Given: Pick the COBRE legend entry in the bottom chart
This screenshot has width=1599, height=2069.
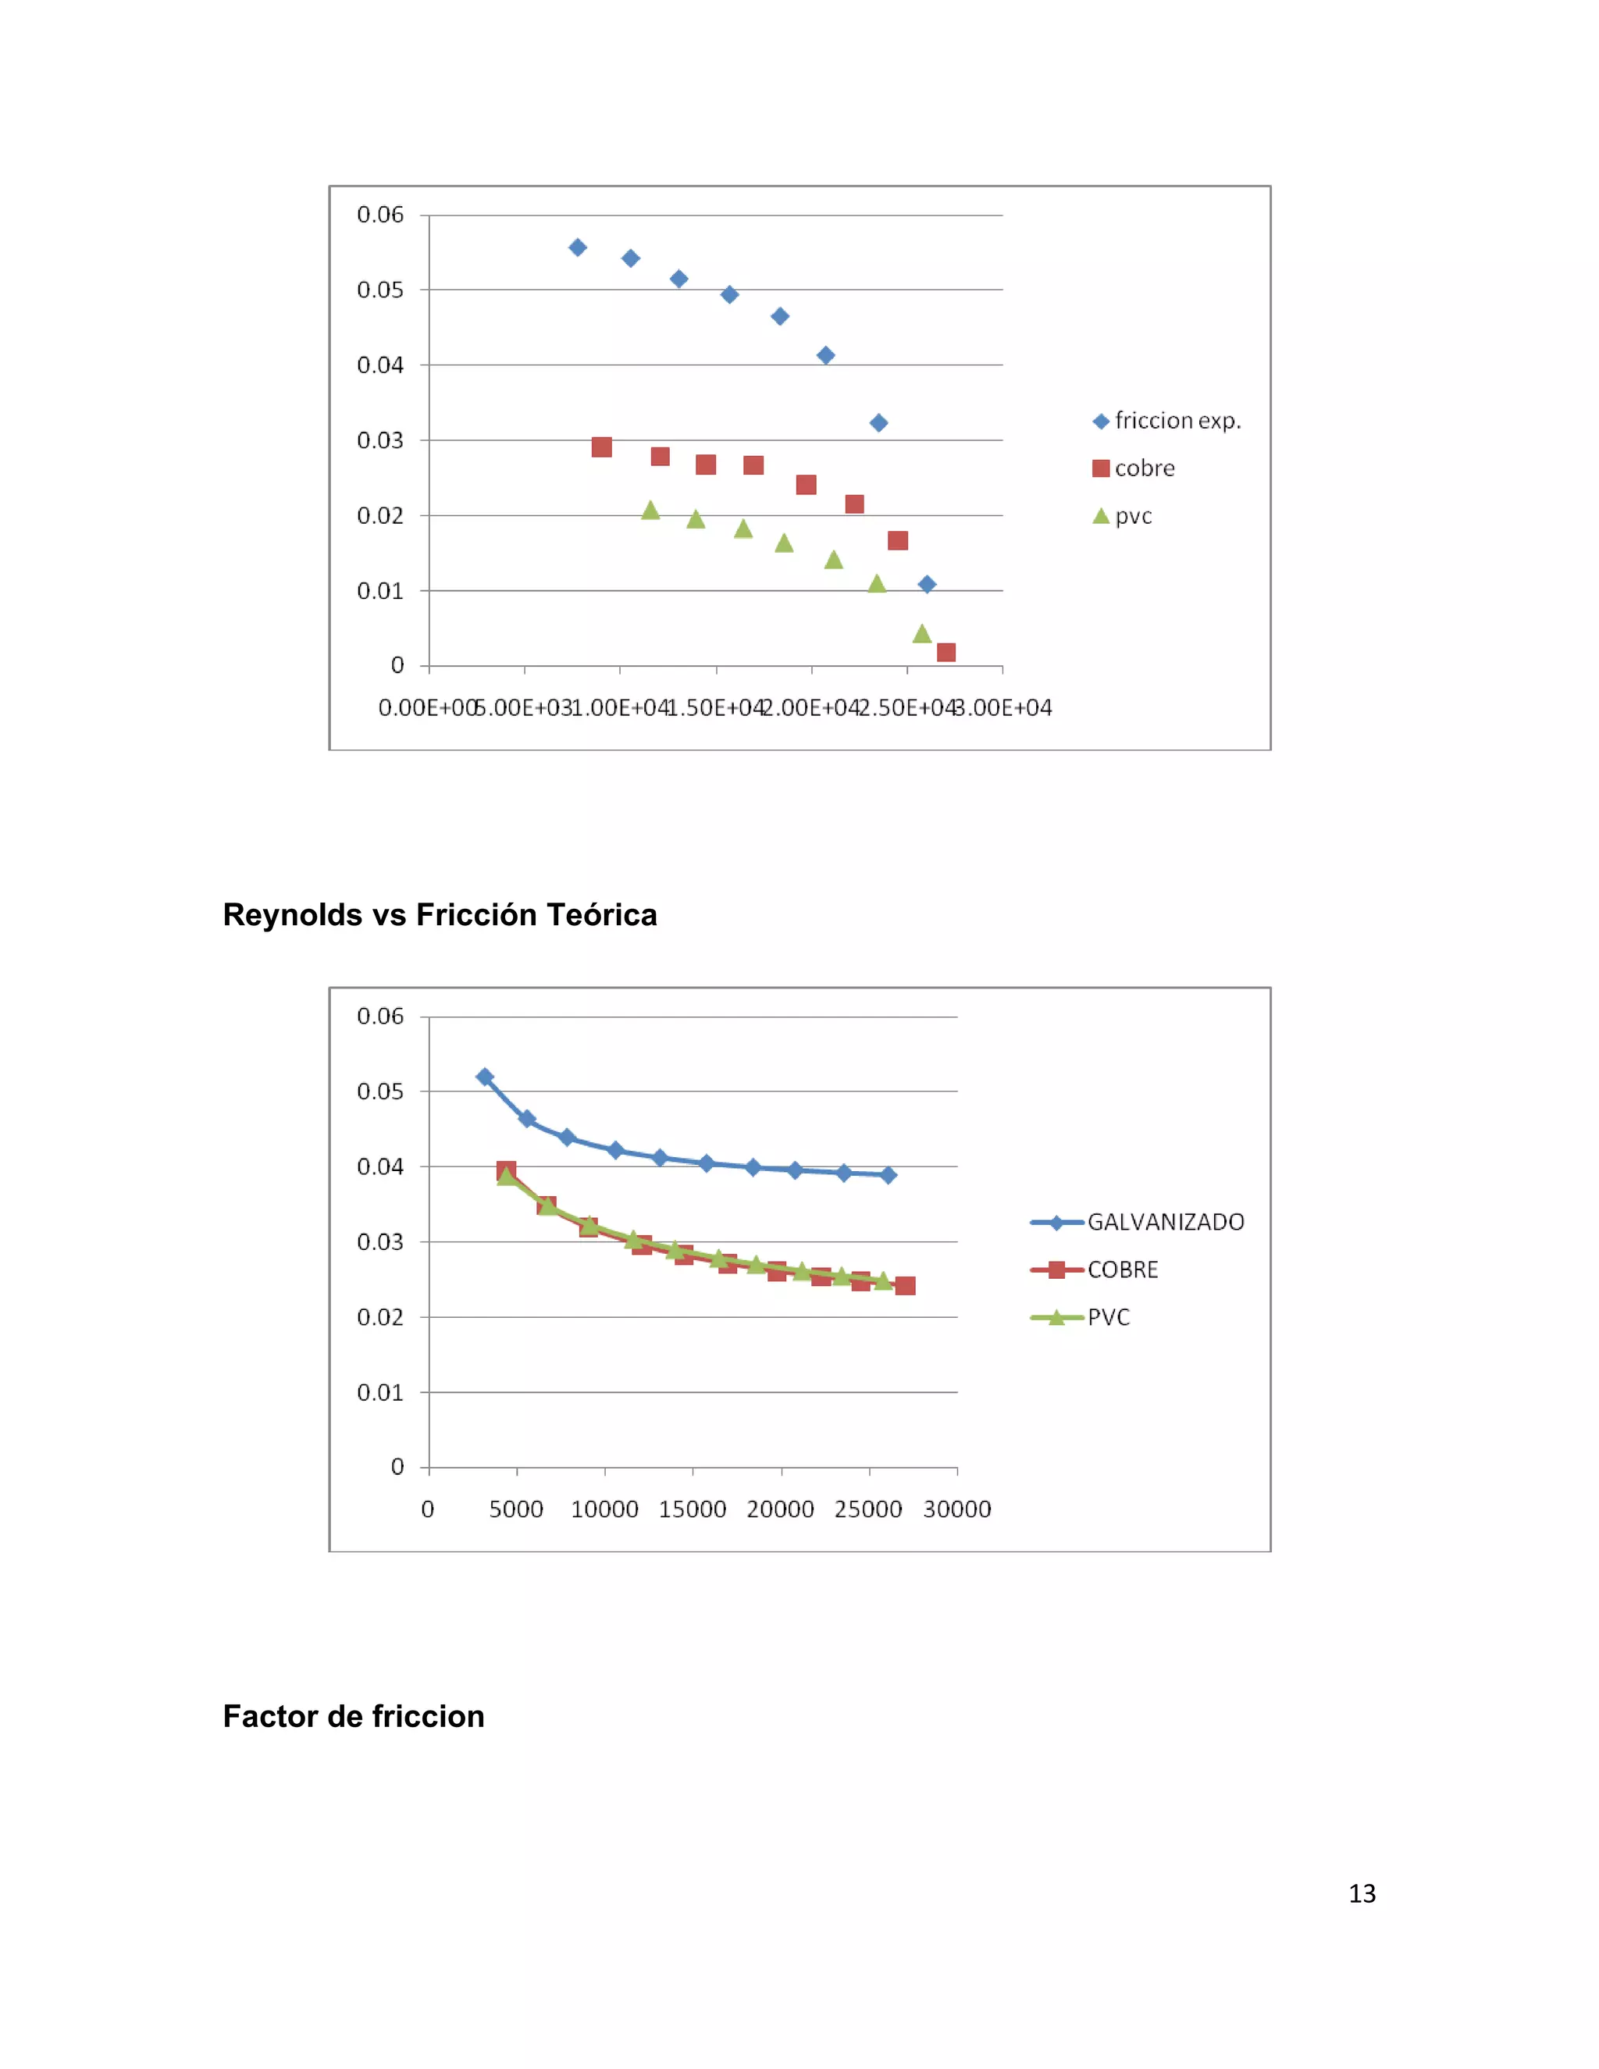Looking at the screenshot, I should pos(1122,1270).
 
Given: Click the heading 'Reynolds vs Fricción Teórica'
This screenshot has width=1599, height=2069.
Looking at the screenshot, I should pos(440,914).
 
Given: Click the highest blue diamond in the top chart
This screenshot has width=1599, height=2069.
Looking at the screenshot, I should pos(578,247).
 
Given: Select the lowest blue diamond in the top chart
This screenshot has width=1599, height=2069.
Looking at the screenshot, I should pos(928,585).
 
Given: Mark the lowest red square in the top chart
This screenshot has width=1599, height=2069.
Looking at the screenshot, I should pos(946,653).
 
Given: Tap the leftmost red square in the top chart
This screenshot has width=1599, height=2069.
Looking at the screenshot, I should pos(601,447).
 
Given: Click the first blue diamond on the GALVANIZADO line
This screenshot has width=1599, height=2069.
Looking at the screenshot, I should pos(485,1077).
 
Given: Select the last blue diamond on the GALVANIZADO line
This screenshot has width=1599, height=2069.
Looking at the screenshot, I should pos(889,1175).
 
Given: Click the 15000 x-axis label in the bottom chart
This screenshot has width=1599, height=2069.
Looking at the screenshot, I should pos(693,1509).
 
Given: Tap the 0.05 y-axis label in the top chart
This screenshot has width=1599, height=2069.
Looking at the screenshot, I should pos(380,290).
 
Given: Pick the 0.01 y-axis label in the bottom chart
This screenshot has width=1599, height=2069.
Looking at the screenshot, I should pos(380,1393).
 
